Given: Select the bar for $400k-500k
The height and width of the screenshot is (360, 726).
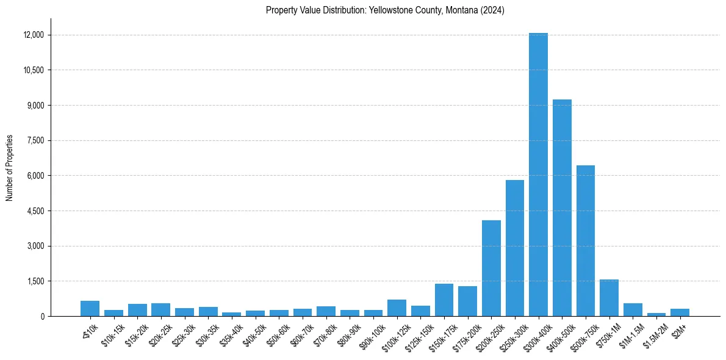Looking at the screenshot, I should [562, 207].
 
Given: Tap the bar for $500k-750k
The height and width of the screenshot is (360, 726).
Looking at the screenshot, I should [585, 240].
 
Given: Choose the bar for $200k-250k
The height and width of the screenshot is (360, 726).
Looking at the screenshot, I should [491, 268].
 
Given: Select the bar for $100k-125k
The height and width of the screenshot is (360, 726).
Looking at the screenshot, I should [397, 308].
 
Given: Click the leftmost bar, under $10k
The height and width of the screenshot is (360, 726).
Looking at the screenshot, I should [90, 309].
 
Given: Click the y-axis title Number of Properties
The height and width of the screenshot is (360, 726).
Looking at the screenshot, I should [10, 168].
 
